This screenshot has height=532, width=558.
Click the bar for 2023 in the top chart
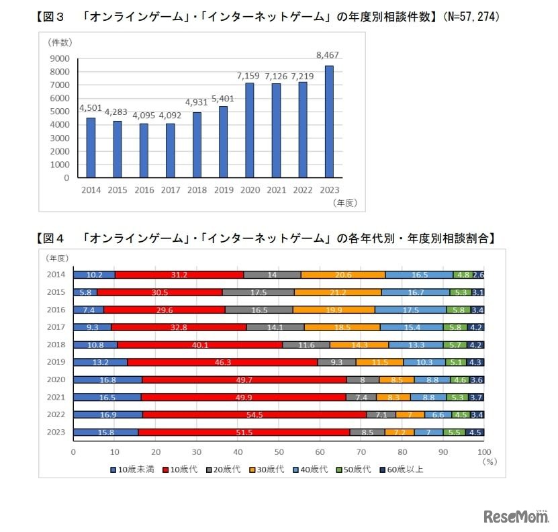click(329, 122)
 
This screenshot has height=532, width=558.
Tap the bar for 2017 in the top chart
click(170, 150)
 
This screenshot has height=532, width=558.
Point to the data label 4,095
click(144, 115)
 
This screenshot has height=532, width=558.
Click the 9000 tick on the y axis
click(60, 58)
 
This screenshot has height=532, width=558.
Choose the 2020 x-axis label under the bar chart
click(250, 190)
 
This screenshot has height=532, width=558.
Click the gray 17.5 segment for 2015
click(258, 292)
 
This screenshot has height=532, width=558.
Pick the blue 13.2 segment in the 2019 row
click(100, 362)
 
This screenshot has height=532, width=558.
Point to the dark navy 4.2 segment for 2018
click(476, 345)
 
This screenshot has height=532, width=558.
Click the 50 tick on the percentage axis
click(279, 451)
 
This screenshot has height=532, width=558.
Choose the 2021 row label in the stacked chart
click(55, 397)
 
